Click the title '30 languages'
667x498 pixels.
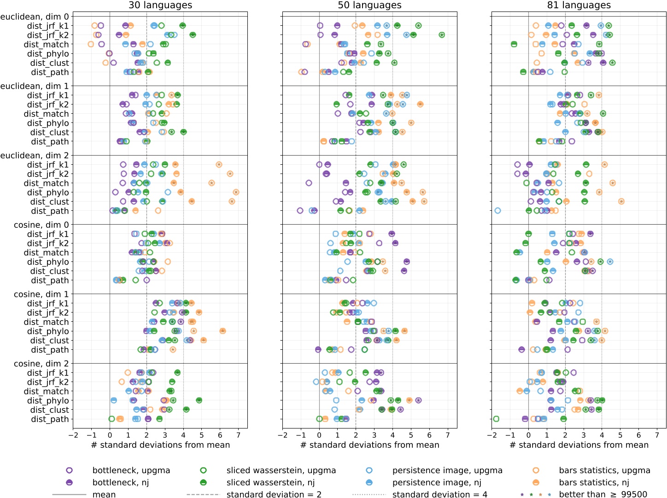click(160, 6)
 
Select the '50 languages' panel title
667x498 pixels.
click(369, 6)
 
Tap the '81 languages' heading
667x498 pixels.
click(579, 6)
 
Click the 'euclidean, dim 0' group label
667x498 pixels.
click(35, 17)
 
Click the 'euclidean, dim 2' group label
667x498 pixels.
click(35, 156)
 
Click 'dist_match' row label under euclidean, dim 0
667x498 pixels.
click(46, 45)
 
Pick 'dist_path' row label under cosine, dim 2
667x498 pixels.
click(50, 419)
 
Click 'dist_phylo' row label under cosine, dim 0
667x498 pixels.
click(48, 262)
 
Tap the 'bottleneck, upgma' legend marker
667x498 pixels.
click(70, 470)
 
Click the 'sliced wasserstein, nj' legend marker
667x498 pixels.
click(204, 482)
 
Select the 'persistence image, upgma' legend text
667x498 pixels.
click(447, 470)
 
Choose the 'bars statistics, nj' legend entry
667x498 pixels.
click(594, 482)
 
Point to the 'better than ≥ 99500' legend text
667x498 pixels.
click(603, 494)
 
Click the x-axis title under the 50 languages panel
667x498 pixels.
click(369, 445)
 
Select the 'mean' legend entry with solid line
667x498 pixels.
click(104, 494)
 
